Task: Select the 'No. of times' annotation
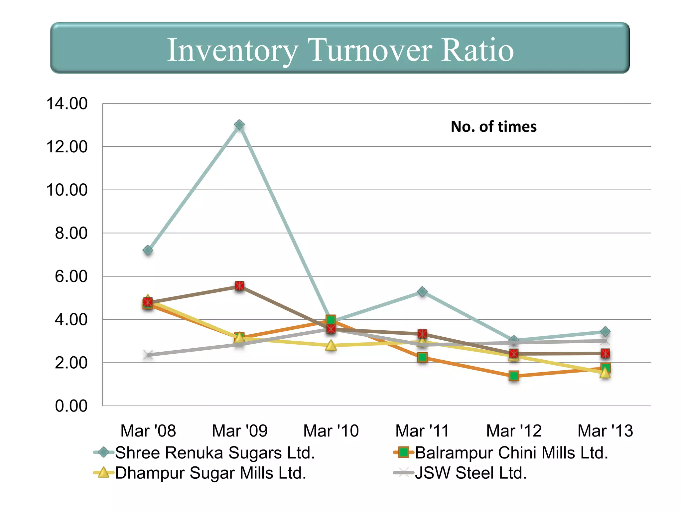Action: (493, 127)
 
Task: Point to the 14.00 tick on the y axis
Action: (67, 103)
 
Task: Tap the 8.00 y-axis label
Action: (71, 233)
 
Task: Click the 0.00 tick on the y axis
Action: (71, 406)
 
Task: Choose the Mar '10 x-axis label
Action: (331, 431)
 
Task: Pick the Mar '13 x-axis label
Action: (605, 431)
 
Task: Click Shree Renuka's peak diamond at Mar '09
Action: (239, 125)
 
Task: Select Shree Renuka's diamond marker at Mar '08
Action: (148, 250)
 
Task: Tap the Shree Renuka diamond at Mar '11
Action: (422, 292)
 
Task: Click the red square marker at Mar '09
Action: (239, 286)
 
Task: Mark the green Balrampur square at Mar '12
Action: (514, 376)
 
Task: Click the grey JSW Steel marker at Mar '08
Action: (148, 355)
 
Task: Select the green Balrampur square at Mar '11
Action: (422, 357)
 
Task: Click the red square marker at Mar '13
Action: (605, 353)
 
